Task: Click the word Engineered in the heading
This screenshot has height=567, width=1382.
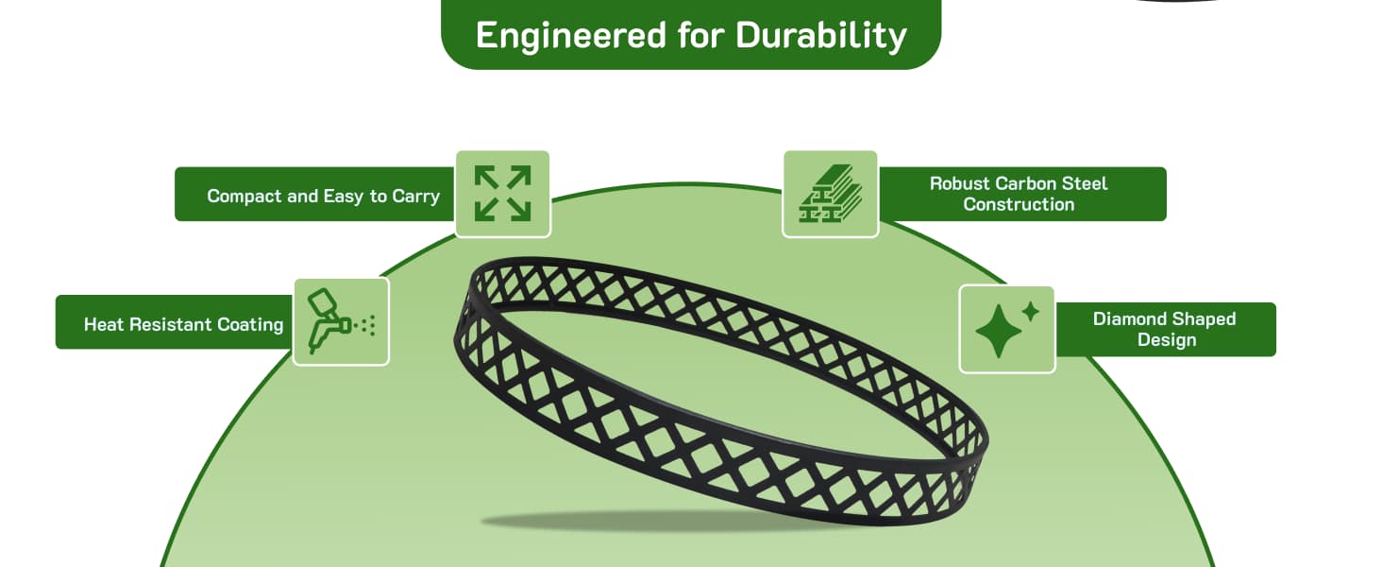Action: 571,36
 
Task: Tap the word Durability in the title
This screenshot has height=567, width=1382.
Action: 821,36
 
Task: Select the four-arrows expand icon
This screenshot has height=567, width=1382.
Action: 502,194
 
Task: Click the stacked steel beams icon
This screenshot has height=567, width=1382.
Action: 830,194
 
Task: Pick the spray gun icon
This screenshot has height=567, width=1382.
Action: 341,321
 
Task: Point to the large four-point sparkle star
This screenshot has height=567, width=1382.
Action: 999,331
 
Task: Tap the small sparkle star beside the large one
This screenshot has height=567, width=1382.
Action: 1030,311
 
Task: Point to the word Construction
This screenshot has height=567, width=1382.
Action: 1019,204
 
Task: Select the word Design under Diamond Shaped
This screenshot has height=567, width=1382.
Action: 1167,340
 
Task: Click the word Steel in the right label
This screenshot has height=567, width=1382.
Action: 1085,183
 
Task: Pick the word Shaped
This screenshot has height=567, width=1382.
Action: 1203,319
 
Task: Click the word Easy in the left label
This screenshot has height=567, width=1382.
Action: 343,197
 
